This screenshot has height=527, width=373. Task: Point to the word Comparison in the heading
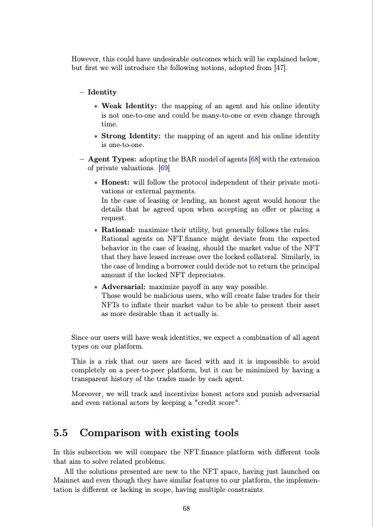point(117,414)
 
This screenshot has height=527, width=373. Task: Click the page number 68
point(186,508)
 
